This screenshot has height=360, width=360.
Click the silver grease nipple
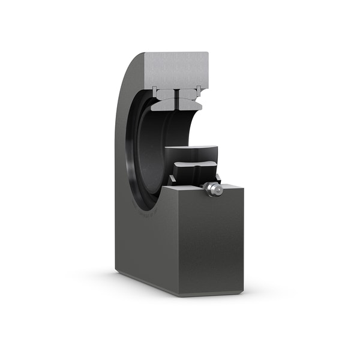pos(211,189)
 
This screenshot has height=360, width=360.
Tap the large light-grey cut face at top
pos(177,68)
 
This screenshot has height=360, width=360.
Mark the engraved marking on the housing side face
pos(147,211)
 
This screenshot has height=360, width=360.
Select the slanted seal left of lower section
pos(172,179)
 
